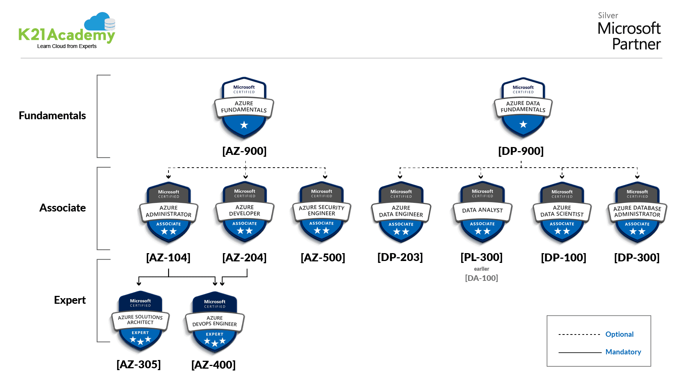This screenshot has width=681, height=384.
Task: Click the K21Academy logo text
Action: [x=67, y=35]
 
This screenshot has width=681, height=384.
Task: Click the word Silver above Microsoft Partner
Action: [x=608, y=15]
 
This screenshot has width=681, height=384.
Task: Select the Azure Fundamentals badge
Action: [x=244, y=108]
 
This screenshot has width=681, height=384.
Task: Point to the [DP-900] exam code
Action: [x=521, y=151]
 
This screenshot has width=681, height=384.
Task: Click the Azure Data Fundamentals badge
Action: [x=523, y=108]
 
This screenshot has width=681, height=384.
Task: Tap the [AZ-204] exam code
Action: [x=244, y=258]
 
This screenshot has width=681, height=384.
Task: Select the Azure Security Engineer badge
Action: [x=322, y=213]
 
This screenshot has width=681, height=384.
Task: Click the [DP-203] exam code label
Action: [x=400, y=257]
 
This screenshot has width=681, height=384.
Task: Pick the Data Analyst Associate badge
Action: [x=483, y=213]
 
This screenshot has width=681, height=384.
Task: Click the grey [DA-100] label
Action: [x=481, y=278]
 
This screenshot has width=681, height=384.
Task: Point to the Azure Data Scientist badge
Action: [x=562, y=213]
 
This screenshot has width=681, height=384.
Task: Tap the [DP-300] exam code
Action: [x=637, y=258]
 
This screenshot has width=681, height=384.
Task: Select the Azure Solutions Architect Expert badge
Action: [x=140, y=322]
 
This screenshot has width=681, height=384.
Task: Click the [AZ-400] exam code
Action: [x=213, y=364]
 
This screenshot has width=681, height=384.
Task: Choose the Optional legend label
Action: [x=619, y=334]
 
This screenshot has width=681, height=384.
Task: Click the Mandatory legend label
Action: [x=623, y=352]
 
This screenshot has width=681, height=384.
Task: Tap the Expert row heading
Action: [x=70, y=300]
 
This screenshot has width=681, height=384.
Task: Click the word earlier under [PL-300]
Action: [x=481, y=269]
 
